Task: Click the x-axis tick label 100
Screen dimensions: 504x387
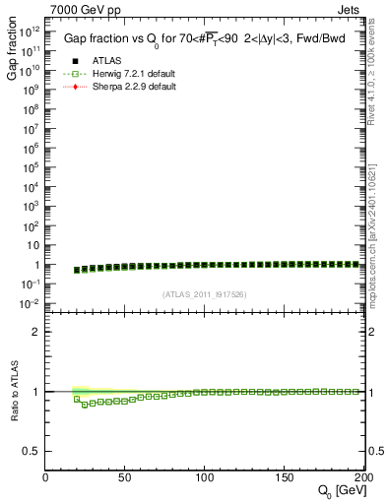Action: click(x=205, y=477)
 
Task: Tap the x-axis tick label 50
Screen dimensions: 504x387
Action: click(x=125, y=477)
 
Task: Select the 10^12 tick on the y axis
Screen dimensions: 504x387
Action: click(x=31, y=32)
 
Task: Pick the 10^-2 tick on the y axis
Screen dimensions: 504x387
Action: click(x=31, y=303)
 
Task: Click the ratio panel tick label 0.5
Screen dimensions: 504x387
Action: click(x=31, y=451)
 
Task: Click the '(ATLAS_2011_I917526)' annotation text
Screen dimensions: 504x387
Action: click(x=205, y=293)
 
